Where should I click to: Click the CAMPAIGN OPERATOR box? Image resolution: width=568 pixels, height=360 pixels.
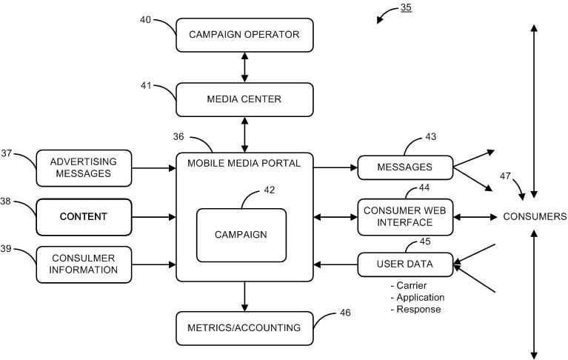tap(244, 35)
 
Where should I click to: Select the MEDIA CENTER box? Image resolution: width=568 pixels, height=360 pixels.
tap(244, 99)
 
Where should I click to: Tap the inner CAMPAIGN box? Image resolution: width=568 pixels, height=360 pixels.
tap(241, 235)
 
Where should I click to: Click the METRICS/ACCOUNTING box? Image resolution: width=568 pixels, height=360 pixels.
tap(244, 328)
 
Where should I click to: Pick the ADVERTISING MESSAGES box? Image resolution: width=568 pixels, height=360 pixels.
tap(84, 168)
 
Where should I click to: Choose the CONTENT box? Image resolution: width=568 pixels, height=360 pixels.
tap(84, 217)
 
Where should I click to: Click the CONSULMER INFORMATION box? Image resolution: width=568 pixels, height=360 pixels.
tap(84, 264)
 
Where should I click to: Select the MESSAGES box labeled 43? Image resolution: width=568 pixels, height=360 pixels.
tap(405, 167)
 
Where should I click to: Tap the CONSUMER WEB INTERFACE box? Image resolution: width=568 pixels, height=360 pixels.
tap(405, 217)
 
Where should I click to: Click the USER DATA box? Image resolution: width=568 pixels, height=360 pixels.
tap(405, 264)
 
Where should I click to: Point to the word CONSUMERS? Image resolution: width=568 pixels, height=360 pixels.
tap(535, 216)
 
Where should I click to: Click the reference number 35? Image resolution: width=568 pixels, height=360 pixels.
tap(406, 7)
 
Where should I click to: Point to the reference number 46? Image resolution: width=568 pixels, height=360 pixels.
tap(345, 313)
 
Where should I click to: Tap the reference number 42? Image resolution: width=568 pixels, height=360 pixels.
tap(269, 190)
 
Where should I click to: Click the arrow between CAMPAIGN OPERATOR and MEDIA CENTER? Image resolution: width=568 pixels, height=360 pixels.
tap(244, 67)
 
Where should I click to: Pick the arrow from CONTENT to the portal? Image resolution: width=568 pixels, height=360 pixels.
tap(153, 217)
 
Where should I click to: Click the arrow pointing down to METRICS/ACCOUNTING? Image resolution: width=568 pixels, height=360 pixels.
tap(244, 296)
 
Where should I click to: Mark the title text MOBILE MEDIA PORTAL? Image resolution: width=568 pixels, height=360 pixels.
tap(244, 164)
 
